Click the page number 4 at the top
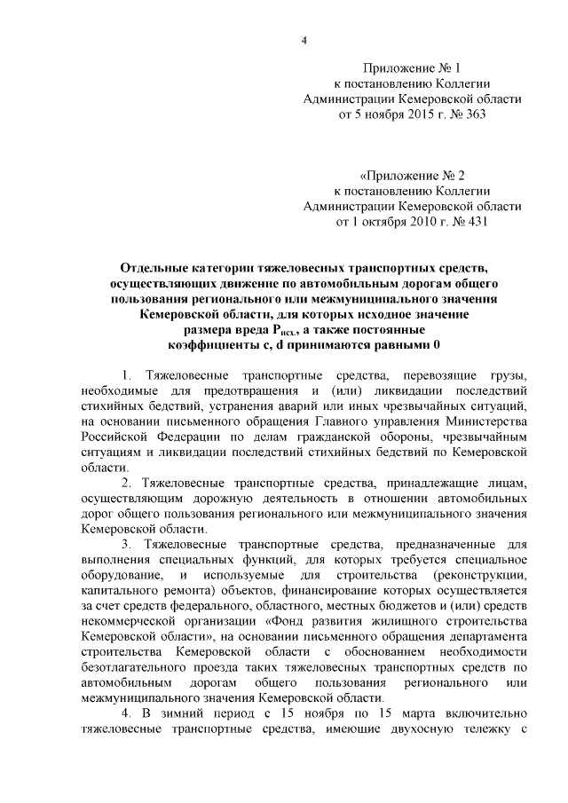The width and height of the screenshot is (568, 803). (x=304, y=40)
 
